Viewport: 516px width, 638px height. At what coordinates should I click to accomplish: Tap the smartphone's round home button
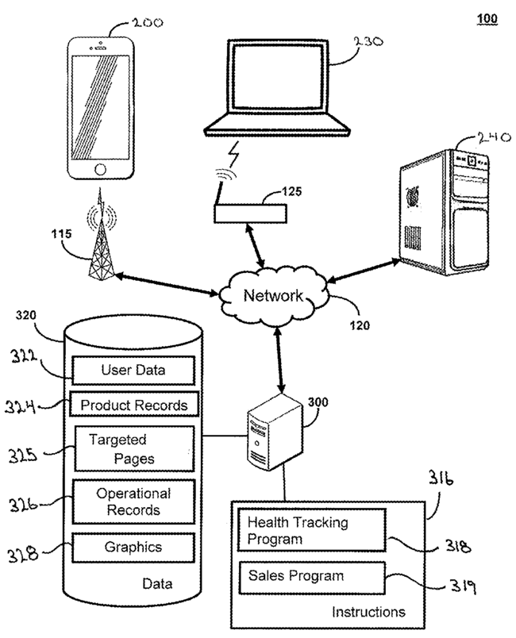[x=100, y=169]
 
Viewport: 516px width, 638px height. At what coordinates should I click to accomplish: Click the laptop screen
[x=278, y=76]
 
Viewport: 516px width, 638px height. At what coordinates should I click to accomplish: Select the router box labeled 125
[x=250, y=213]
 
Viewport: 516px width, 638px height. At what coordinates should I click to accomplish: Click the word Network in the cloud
[x=273, y=295]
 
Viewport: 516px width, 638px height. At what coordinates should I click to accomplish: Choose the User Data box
[x=133, y=371]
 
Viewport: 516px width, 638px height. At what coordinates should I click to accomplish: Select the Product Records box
[x=134, y=404]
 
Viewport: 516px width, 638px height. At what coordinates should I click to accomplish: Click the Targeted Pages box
[x=134, y=448]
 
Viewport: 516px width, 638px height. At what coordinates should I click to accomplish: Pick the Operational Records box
[x=133, y=502]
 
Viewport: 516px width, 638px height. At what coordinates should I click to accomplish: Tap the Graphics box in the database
[x=133, y=548]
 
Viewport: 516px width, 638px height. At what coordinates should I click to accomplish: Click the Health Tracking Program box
[x=312, y=530]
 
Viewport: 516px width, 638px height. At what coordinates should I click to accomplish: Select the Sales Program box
[x=312, y=578]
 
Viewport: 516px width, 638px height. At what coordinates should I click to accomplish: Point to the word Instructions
[x=368, y=612]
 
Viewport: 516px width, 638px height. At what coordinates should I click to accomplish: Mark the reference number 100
[x=487, y=18]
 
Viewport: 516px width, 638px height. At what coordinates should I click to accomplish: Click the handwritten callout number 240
[x=494, y=138]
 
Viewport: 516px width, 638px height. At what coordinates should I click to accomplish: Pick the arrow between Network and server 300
[x=279, y=359]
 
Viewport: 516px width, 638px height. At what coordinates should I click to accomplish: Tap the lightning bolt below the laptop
[x=233, y=154]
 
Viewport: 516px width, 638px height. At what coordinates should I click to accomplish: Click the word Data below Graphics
[x=157, y=584]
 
